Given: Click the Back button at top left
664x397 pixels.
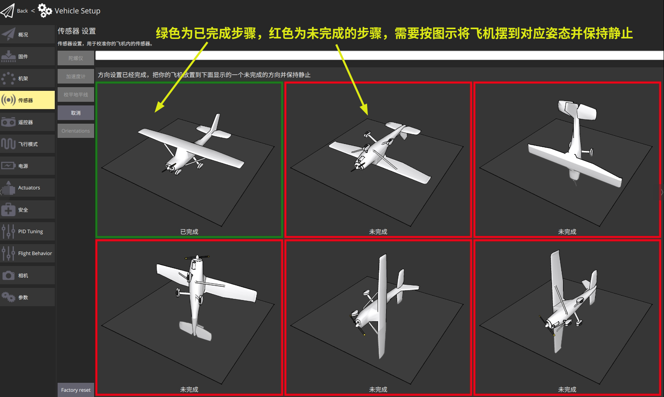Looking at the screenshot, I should [x=15, y=11].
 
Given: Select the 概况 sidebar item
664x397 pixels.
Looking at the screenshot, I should [x=27, y=34].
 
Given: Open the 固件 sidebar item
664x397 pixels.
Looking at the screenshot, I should [x=27, y=56].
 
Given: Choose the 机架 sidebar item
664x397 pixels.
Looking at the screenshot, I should [x=27, y=78].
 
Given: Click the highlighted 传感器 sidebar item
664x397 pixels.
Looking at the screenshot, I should [x=27, y=100].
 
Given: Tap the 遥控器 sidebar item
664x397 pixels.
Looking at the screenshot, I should [x=27, y=122].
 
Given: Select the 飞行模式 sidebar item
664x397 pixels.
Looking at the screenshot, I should [x=27, y=144].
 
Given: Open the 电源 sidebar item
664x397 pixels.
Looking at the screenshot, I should [x=27, y=166].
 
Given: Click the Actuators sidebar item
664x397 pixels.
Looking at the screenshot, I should [x=27, y=188].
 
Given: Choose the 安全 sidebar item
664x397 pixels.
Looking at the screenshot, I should [x=27, y=210].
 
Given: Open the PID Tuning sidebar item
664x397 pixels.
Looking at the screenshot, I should [x=27, y=232].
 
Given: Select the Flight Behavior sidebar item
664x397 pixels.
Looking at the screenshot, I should [x=27, y=253].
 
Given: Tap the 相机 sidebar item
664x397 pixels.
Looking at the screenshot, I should [x=27, y=275].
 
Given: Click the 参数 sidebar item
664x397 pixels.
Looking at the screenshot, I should [x=27, y=297].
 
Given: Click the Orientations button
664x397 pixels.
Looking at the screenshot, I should [x=76, y=131].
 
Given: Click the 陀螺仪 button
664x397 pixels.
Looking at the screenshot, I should [x=76, y=58].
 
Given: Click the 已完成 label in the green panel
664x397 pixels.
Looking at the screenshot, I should [x=189, y=232].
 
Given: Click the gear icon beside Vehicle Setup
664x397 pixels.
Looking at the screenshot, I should [x=45, y=11].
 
